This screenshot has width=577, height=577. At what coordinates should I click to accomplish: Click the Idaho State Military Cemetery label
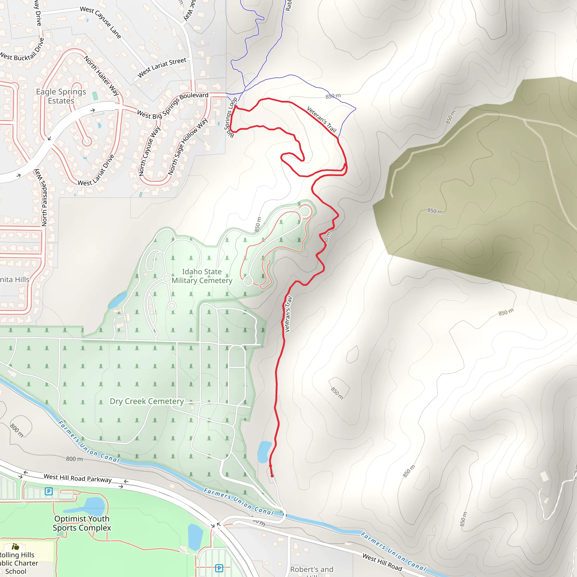[x=202, y=276]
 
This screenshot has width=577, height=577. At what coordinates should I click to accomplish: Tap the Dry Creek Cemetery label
[x=147, y=401]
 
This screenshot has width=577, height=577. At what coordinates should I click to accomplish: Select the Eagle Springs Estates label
[x=61, y=96]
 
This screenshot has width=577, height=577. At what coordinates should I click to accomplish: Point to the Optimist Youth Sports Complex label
[x=82, y=523]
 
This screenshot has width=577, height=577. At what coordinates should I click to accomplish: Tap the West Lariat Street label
[x=161, y=68]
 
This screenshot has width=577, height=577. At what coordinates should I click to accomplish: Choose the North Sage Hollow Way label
[x=188, y=146]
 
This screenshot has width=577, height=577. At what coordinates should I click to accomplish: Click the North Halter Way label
[x=101, y=75]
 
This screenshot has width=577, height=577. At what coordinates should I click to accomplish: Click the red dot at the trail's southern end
[x=272, y=476]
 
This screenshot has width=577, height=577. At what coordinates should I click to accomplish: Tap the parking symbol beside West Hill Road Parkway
[x=49, y=491]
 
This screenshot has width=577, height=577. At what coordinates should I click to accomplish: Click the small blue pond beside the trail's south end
[x=264, y=452]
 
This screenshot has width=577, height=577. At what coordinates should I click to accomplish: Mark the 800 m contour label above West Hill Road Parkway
[x=74, y=459]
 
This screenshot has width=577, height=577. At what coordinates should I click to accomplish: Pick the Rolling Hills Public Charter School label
[x=18, y=563]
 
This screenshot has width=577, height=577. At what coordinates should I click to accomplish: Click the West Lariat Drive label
[x=96, y=170]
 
